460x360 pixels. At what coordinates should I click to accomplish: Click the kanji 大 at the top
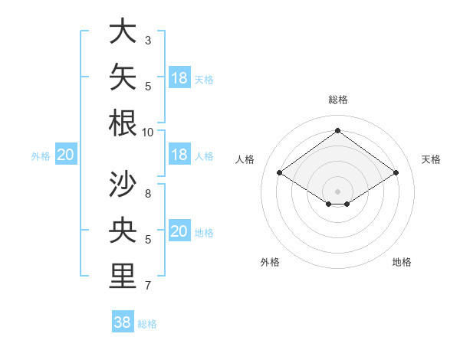(x=123, y=31)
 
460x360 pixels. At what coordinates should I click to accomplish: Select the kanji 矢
(x=123, y=77)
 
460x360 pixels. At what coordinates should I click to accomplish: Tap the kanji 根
(x=123, y=123)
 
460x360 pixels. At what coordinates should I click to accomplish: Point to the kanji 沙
(x=123, y=184)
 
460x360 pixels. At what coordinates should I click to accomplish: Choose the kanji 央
(x=123, y=230)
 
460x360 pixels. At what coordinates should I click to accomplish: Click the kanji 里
(x=123, y=276)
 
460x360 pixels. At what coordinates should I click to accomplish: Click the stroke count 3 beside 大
(x=148, y=41)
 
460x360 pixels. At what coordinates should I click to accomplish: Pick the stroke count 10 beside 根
(x=147, y=133)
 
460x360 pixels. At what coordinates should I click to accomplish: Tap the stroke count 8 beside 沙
(x=148, y=194)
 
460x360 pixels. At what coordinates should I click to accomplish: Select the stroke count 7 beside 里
(x=148, y=286)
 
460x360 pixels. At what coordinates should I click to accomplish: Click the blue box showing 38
(x=123, y=321)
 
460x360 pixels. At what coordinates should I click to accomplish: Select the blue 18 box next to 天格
(x=179, y=77)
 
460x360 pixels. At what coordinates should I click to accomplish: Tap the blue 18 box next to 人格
(x=179, y=154)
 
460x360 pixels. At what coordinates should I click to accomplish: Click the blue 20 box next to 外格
(x=66, y=154)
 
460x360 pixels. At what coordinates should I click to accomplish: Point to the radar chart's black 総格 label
(x=338, y=100)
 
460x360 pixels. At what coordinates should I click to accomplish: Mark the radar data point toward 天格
(x=396, y=172)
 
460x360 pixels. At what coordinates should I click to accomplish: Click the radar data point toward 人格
(x=280, y=172)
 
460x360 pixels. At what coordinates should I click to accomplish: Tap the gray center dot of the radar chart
(x=337, y=191)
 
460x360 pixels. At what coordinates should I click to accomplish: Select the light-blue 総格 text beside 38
(x=147, y=324)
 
